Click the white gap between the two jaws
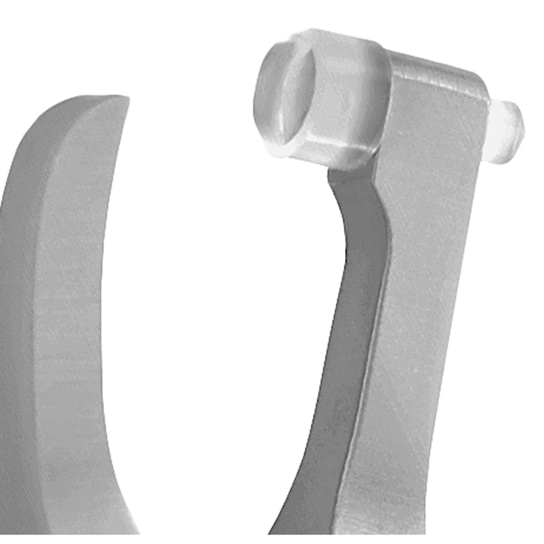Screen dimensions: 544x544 [212, 297]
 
